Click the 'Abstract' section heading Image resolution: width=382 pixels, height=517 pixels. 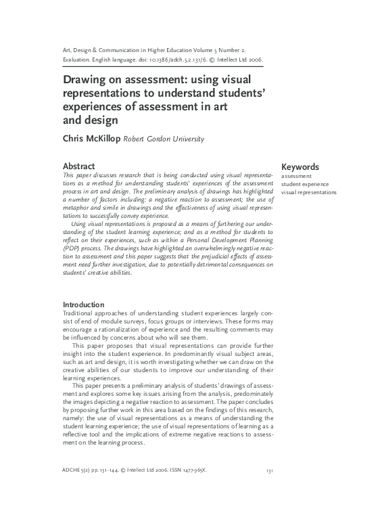click(78, 166)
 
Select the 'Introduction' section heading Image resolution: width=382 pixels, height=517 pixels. click(84, 305)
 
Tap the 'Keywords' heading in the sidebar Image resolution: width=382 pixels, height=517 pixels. click(300, 167)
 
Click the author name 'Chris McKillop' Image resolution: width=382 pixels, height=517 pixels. click(91, 139)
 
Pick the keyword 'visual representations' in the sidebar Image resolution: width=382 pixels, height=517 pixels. click(309, 192)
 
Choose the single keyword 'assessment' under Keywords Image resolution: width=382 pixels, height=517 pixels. click(296, 176)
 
